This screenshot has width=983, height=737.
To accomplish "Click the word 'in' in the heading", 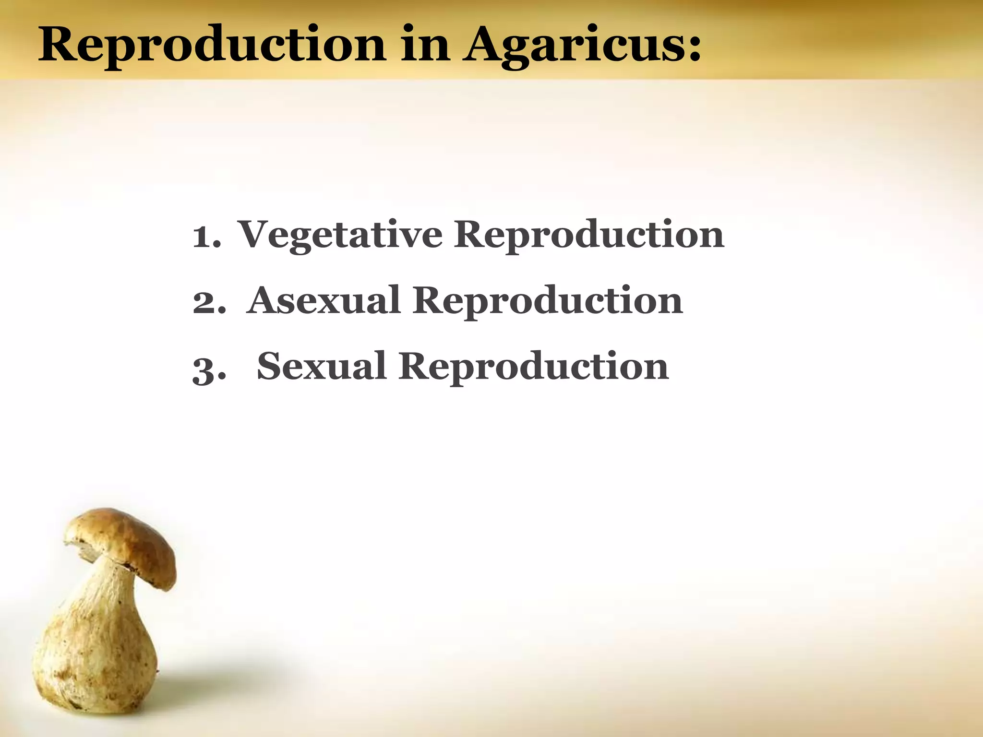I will (424, 46).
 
